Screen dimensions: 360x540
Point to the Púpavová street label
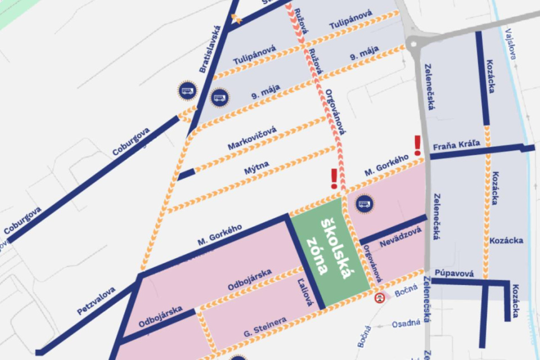click(454, 273)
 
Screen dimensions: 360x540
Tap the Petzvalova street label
click(96, 300)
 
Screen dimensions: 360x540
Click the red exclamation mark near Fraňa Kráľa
click(417, 145)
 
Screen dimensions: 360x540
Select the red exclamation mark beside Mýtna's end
click(334, 178)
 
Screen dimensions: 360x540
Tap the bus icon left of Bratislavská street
click(187, 91)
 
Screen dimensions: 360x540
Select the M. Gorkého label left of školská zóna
click(220, 236)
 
